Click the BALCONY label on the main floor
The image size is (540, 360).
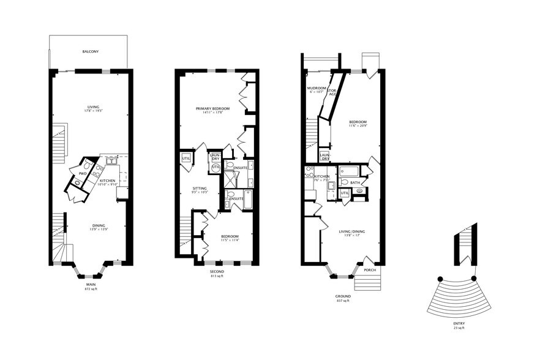coord(91,51)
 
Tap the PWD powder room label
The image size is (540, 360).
coord(82,174)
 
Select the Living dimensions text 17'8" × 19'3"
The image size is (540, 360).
coord(93,111)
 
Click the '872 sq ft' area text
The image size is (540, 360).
coord(91,289)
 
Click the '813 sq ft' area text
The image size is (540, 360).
coord(217,276)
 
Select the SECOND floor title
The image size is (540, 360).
coord(217,271)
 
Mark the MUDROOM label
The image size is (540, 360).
coord(317,88)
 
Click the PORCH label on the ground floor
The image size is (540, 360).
coord(370,270)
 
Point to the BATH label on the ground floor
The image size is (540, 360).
coord(355,182)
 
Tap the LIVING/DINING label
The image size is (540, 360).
coord(351,231)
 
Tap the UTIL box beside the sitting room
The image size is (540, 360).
coord(186,159)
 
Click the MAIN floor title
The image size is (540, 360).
coord(91,284)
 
